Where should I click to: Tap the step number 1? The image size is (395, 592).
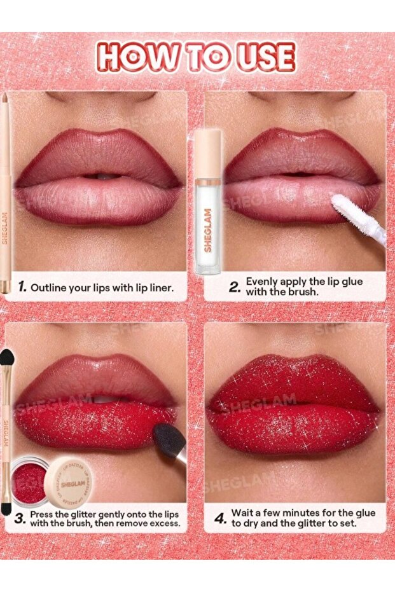point(22,287)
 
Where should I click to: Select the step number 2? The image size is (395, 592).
point(233,287)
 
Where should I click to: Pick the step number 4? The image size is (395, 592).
point(220,519)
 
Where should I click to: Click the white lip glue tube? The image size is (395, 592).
point(207,201)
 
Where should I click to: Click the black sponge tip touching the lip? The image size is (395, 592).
point(169,438)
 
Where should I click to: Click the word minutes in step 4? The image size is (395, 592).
point(300,513)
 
